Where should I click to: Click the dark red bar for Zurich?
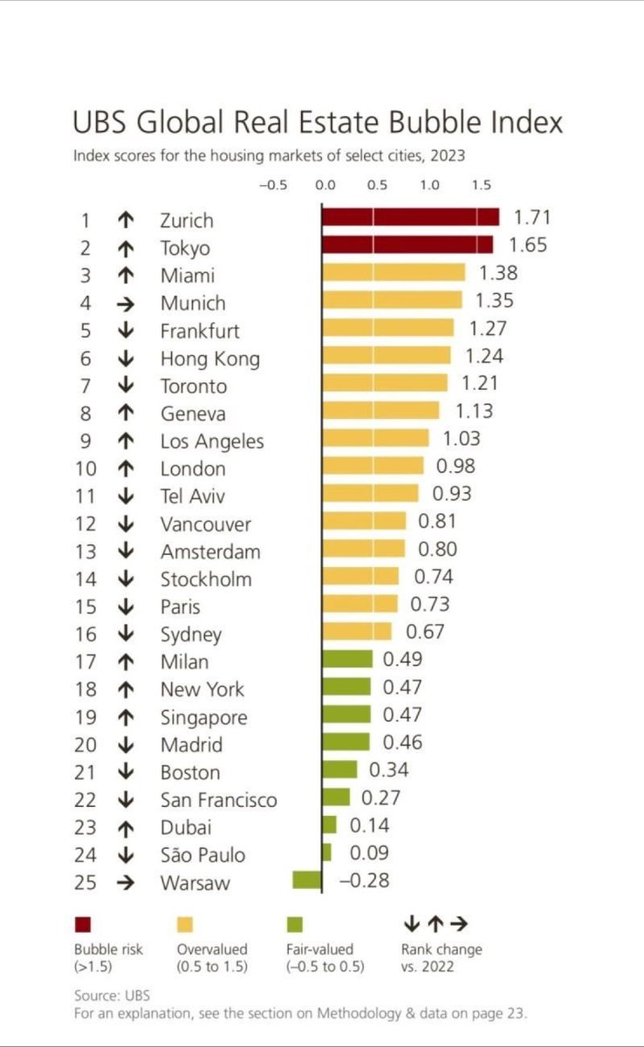click(410, 217)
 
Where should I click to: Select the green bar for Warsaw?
click(307, 880)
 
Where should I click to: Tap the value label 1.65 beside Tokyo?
click(526, 245)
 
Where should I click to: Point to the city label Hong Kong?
click(209, 359)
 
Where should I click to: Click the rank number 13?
click(87, 551)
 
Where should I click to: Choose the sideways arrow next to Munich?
click(125, 303)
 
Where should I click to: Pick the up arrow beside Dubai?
click(125, 826)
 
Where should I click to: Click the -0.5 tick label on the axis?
click(273, 185)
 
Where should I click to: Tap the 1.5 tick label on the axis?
click(482, 185)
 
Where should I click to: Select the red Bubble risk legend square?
click(84, 924)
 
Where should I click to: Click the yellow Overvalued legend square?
click(185, 924)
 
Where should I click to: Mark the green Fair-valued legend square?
click(294, 924)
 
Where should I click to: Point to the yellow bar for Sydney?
click(357, 632)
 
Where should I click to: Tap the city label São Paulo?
click(202, 855)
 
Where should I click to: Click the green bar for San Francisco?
click(336, 797)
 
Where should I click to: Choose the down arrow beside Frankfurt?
click(125, 331)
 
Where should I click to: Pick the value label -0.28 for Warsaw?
click(365, 881)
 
